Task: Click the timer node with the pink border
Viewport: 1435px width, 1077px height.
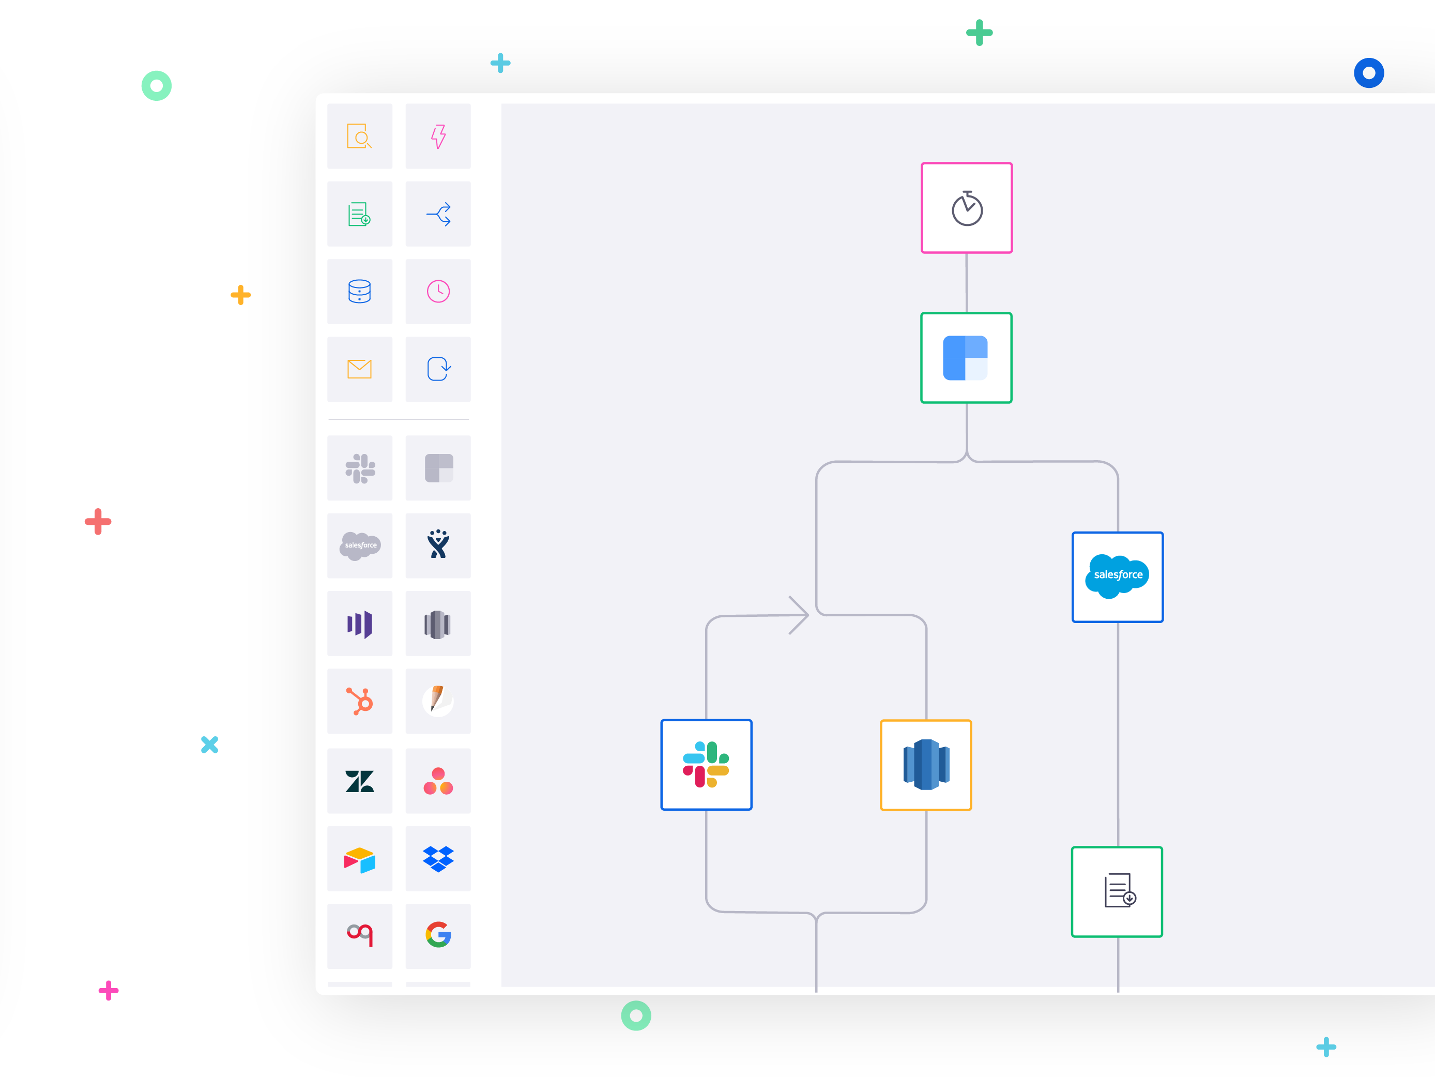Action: coord(966,208)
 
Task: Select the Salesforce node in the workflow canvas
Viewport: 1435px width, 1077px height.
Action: coord(1117,577)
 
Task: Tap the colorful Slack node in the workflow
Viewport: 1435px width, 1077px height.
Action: coord(706,764)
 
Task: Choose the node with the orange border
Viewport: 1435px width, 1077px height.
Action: coord(925,765)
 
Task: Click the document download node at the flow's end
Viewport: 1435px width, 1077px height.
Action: coord(1117,891)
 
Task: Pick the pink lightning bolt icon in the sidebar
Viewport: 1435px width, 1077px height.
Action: coord(438,136)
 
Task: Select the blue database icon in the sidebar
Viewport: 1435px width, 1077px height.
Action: coord(359,291)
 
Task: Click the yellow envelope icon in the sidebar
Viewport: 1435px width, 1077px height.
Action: coord(359,369)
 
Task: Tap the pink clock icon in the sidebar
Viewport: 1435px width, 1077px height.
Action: coord(438,291)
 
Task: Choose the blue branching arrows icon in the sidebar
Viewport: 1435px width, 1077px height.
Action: coord(438,214)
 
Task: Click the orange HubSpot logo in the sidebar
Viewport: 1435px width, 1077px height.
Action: coord(359,701)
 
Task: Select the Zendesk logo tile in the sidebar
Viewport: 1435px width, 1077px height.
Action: coord(359,781)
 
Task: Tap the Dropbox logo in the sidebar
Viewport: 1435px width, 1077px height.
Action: coord(438,858)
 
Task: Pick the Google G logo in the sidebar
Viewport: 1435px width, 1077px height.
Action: coord(438,935)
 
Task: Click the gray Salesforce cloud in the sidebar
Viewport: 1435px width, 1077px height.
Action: coord(359,545)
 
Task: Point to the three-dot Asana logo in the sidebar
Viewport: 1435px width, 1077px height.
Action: coord(438,781)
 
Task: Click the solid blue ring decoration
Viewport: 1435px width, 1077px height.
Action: coord(1369,73)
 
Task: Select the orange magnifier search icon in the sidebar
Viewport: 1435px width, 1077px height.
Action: coord(359,136)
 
